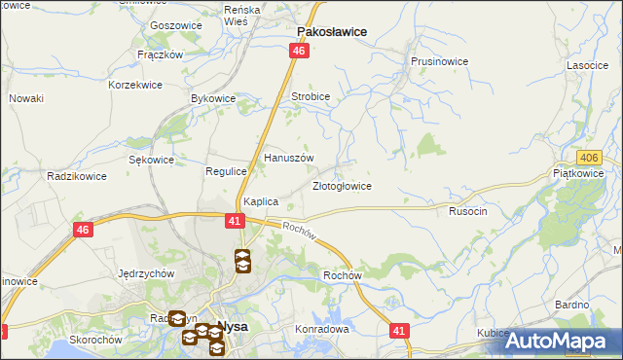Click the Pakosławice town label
331,31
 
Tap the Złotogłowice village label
341,185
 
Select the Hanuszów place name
289,157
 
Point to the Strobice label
311,96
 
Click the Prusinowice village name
439,60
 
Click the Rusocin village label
468,210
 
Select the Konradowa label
322,329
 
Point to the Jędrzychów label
145,273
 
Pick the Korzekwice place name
136,86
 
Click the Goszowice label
176,25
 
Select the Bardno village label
572,305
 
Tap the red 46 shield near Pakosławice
299,51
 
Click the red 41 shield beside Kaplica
235,221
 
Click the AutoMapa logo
563,341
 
